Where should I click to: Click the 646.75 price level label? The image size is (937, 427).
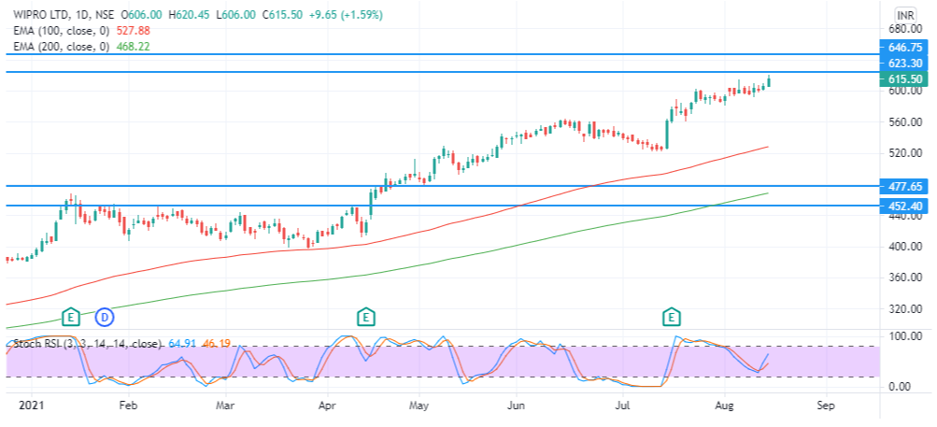click(905, 48)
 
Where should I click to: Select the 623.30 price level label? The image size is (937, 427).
click(905, 63)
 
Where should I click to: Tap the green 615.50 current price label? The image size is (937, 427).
click(905, 78)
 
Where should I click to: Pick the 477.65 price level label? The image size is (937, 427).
click(905, 187)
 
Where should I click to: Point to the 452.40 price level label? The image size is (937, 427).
click(905, 206)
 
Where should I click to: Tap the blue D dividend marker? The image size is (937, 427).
click(106, 317)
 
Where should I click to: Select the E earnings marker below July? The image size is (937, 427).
click(673, 317)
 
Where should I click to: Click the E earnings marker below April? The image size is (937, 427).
click(365, 317)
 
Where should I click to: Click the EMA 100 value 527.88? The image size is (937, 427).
click(132, 31)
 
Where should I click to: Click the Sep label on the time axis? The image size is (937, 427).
click(825, 405)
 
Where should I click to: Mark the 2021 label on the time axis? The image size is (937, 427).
click(29, 405)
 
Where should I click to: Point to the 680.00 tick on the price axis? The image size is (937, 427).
click(902, 29)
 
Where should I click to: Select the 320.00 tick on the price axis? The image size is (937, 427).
click(902, 309)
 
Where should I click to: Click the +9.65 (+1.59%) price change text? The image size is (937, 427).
click(346, 14)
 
